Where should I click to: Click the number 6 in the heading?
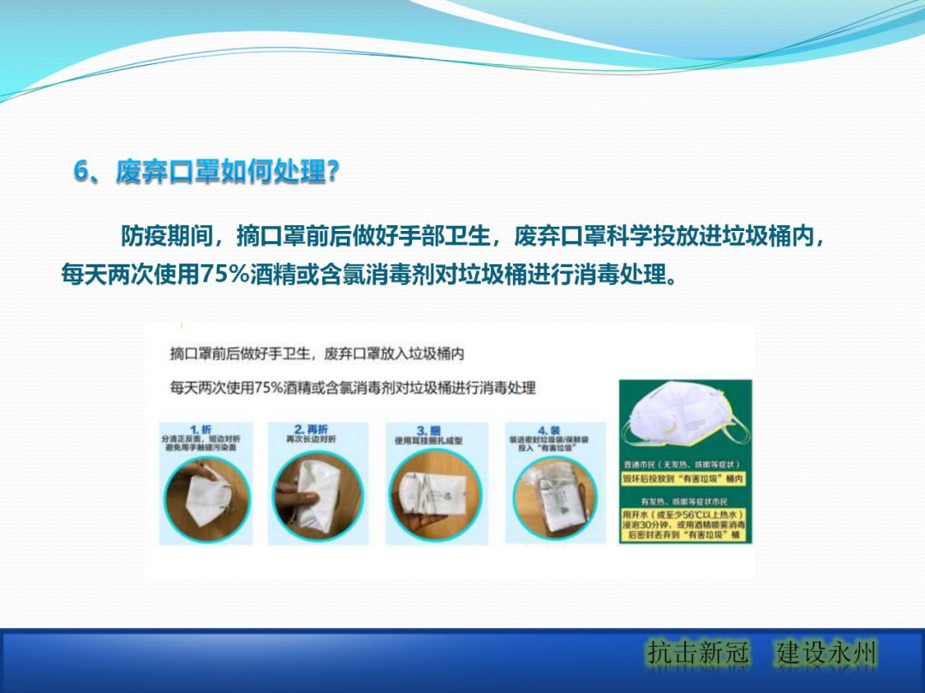point(81,171)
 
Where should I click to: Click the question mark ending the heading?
point(334,171)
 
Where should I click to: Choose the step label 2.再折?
point(311,429)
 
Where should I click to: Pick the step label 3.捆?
point(428,429)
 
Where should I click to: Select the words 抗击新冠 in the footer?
point(698,653)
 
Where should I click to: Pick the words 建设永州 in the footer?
point(827,653)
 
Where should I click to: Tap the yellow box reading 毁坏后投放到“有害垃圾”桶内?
point(684,478)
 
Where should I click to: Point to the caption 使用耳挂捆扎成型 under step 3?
point(428,441)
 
